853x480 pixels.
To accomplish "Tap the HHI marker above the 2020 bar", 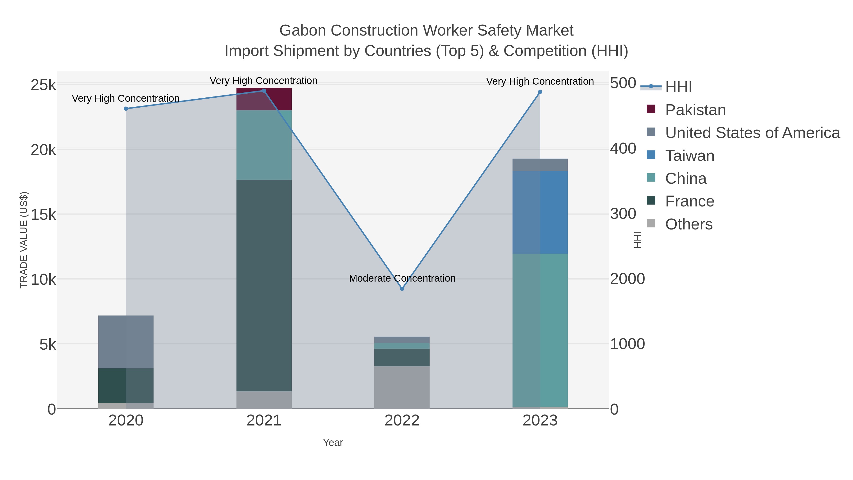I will pyautogui.click(x=126, y=109).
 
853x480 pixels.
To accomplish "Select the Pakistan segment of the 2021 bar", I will pyautogui.click(x=264, y=99).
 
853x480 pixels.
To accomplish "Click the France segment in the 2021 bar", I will pyautogui.click(x=264, y=285).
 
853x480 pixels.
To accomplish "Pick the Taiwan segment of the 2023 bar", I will pyautogui.click(x=540, y=212).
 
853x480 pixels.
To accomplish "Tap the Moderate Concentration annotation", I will pyautogui.click(x=402, y=278).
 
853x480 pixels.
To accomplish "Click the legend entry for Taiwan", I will pyautogui.click(x=690, y=156).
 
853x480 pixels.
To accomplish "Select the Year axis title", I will pyautogui.click(x=333, y=443).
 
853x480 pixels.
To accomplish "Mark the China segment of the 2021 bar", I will pyautogui.click(x=264, y=145).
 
